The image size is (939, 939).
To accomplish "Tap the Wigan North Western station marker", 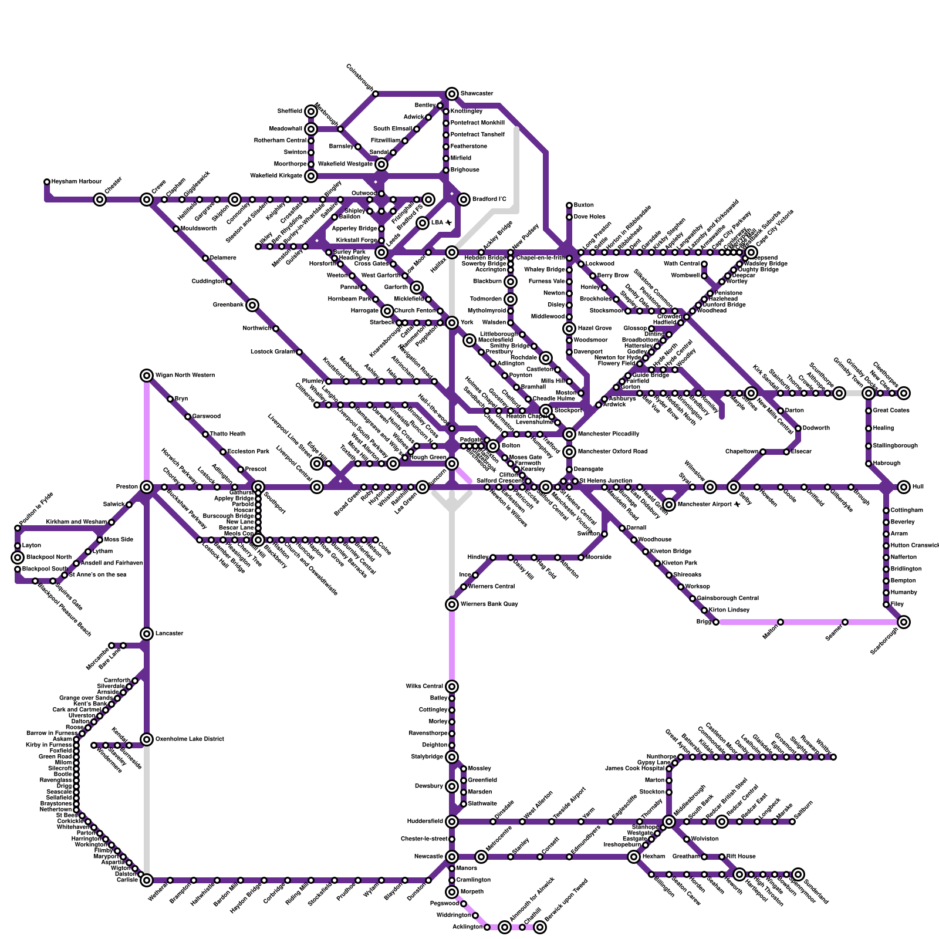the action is tap(147, 376).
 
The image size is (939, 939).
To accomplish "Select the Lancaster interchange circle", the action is tap(147, 634).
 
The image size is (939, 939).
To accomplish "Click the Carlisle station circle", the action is tap(147, 880).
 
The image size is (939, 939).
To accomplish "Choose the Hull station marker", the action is tap(904, 487).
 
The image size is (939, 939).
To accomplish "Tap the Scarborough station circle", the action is tap(904, 622).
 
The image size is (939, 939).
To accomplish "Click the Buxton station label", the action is tap(583, 205).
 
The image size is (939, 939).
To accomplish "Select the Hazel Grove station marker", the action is tap(569, 329).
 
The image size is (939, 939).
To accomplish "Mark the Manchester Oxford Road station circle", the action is tap(569, 452).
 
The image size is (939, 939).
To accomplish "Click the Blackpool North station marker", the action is tap(18, 558).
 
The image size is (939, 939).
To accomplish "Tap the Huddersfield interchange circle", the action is tap(452, 822).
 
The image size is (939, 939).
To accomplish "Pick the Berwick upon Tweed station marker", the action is tap(540, 927).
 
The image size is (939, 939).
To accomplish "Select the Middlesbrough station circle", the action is tap(669, 822).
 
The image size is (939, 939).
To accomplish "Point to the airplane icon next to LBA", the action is tap(449, 223).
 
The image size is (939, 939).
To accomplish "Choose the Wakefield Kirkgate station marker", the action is tap(311, 176).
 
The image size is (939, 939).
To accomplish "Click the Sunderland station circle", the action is tap(798, 874).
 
